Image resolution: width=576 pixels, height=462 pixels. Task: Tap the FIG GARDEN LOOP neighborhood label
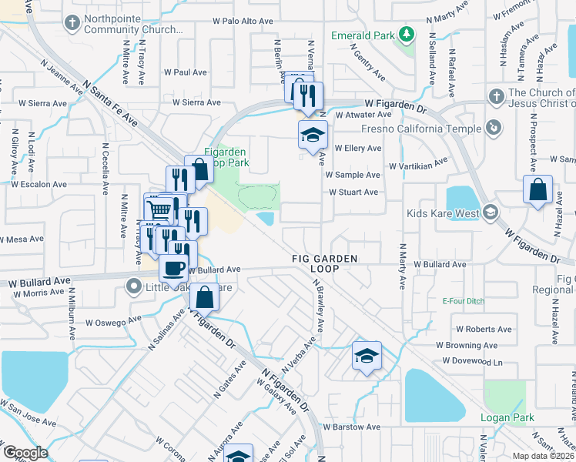(324, 264)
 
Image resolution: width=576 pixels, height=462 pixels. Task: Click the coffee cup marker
(172, 269)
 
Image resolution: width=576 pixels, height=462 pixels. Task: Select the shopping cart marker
(159, 209)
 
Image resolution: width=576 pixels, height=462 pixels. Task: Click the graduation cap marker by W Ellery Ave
(313, 135)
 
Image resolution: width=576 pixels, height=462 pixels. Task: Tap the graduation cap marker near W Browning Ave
(367, 355)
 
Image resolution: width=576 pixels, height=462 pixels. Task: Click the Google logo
(25, 453)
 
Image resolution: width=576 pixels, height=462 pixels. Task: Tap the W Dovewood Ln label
(472, 361)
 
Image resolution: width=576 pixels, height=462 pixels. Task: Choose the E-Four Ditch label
(461, 302)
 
